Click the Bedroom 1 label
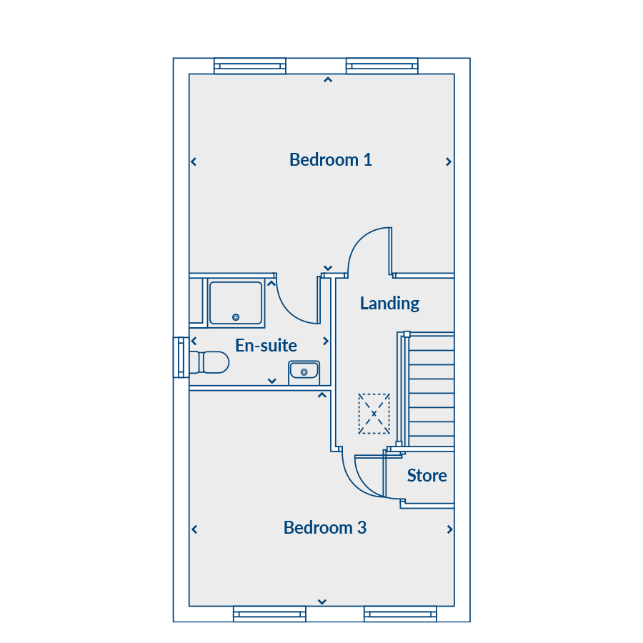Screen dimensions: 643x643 (x=331, y=159)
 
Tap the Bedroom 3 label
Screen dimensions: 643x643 (x=325, y=527)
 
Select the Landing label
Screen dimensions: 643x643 (x=389, y=303)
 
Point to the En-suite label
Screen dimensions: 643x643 (x=266, y=345)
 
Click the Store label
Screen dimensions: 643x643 (x=427, y=475)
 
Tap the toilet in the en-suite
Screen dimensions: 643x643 (x=209, y=362)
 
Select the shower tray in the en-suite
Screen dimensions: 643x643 (x=236, y=303)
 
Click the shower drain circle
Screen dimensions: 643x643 (x=236, y=317)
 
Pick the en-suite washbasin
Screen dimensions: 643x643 (x=304, y=372)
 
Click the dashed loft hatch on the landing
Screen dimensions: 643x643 (x=374, y=414)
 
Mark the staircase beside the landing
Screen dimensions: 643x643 (x=427, y=389)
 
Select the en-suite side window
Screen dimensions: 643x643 (x=181, y=357)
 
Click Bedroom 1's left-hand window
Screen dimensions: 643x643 (x=250, y=66)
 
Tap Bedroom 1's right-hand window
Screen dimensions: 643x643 (x=382, y=66)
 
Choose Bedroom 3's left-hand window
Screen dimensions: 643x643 (x=269, y=614)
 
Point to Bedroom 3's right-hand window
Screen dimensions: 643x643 (x=400, y=614)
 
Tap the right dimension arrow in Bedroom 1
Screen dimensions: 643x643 (x=449, y=162)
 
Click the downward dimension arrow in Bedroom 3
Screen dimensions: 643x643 (x=322, y=602)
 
